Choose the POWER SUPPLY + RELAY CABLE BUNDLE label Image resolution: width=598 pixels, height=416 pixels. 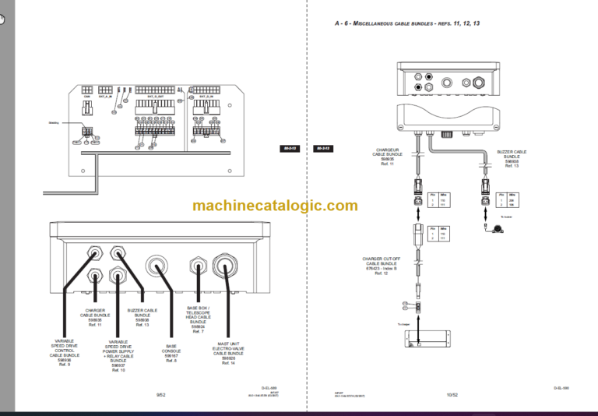(x=117, y=355)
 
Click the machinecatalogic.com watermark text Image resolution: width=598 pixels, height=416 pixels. (x=275, y=206)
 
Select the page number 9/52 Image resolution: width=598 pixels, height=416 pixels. (x=160, y=395)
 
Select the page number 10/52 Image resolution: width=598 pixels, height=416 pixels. (x=452, y=395)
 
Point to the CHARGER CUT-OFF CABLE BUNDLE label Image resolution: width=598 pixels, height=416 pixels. (x=381, y=266)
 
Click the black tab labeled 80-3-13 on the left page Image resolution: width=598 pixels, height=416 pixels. (x=288, y=148)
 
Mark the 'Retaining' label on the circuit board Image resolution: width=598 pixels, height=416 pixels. (x=54, y=122)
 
